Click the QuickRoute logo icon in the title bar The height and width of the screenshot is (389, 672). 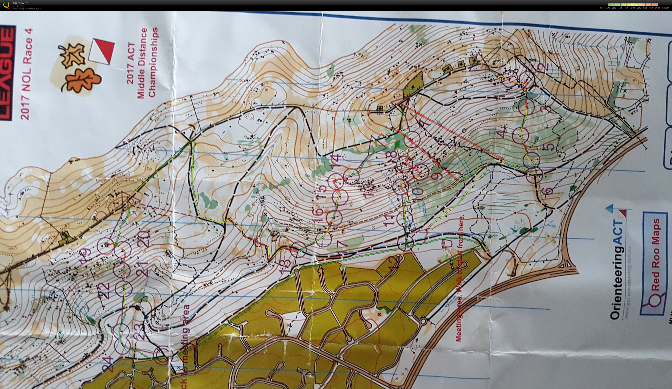pyautogui.click(x=6, y=5)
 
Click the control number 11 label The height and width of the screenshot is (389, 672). pyautogui.click(x=390, y=221)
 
